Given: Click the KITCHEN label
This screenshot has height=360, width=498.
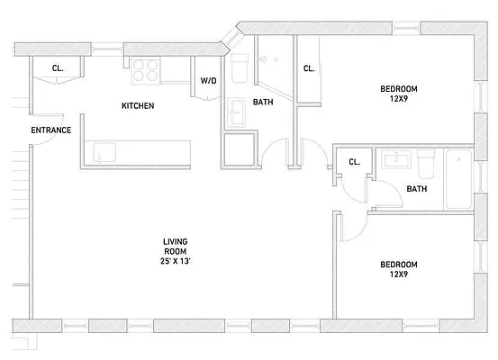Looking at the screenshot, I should tap(138, 106).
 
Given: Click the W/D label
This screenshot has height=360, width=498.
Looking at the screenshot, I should tap(208, 81).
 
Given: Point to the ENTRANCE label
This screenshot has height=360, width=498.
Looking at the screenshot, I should tap(50, 130).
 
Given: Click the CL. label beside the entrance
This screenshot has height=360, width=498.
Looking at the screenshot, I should tap(58, 68).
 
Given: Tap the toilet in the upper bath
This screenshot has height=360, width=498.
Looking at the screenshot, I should tap(240, 67).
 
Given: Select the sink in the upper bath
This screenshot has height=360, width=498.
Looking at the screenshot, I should tap(237, 112).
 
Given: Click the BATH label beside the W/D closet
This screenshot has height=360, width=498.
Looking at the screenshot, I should tap(263, 103).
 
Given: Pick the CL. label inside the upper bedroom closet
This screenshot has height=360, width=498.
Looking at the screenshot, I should tap(308, 68).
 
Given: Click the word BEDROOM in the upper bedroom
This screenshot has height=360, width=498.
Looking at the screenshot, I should tap(398, 88).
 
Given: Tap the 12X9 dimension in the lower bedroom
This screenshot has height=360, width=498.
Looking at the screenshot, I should tap(398, 274).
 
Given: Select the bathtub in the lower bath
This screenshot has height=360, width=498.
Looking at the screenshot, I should tap(458, 179).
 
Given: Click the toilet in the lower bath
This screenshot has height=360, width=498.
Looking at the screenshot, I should tap(425, 163).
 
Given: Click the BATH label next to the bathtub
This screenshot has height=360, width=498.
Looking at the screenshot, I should tap(416, 189).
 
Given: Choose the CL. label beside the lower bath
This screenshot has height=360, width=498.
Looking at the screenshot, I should tap(354, 163).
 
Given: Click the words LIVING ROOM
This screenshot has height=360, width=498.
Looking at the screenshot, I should tap(175, 246).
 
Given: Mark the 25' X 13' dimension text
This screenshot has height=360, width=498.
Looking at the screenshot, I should tap(175, 261).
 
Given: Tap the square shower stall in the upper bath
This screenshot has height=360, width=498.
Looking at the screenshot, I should tap(240, 150).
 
